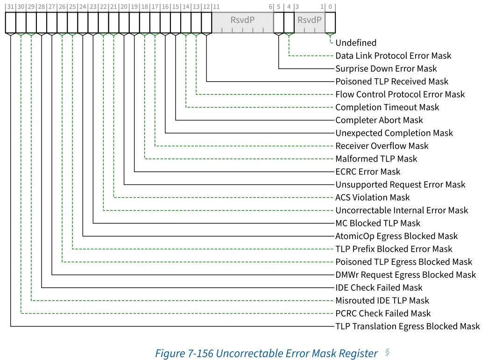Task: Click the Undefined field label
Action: click(x=355, y=43)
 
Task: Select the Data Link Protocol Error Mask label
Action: click(x=393, y=56)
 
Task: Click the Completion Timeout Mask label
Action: click(x=387, y=107)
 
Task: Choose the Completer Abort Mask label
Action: click(x=379, y=120)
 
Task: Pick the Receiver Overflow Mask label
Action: click(x=382, y=146)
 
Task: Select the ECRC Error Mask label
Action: click(x=368, y=171)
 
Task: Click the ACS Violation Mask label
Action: click(x=372, y=198)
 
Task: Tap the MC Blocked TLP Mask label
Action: click(x=377, y=223)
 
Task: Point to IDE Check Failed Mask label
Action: click(x=379, y=288)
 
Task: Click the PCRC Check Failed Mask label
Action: click(x=383, y=313)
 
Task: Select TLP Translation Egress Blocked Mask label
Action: click(x=407, y=326)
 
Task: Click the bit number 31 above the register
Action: click(x=10, y=7)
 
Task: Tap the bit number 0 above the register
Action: click(x=330, y=7)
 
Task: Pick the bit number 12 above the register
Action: click(x=206, y=7)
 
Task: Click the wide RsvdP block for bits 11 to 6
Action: click(x=242, y=21)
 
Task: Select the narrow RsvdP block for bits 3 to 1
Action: click(x=309, y=21)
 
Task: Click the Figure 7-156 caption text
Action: click(x=240, y=353)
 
